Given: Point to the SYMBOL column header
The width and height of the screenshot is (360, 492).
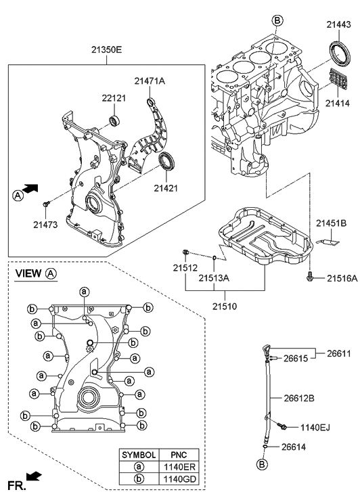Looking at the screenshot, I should click(139, 454).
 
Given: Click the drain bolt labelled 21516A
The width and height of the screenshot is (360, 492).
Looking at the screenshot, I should click(309, 275).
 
